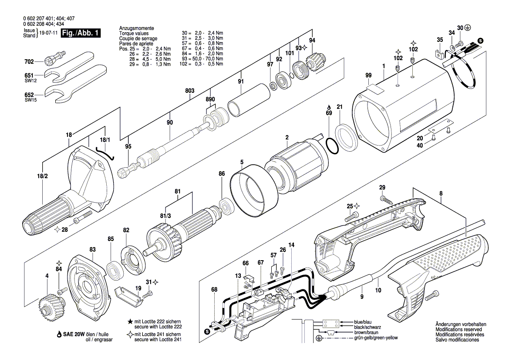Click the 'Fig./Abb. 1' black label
[x=81, y=33]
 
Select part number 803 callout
[x=189, y=91]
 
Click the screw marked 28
[x=83, y=217]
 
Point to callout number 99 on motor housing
[x=369, y=76]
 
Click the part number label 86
[x=222, y=173]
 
